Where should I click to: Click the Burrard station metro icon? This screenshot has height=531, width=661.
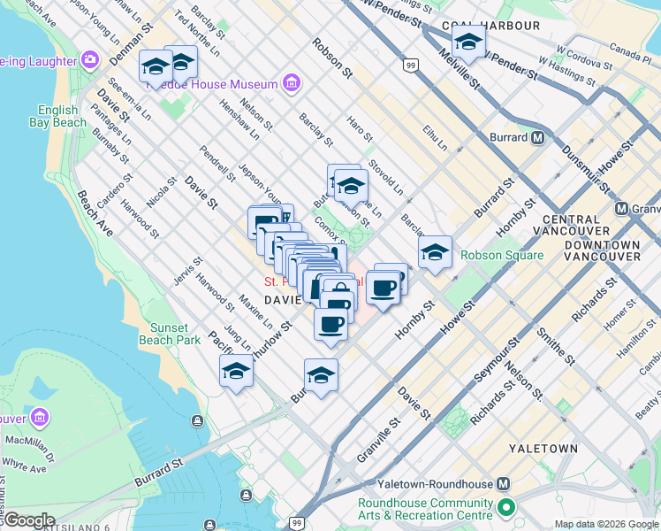pyautogui.click(x=536, y=137)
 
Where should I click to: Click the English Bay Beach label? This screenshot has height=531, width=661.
pyautogui.click(x=62, y=117)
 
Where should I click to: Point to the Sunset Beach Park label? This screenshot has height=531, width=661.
pyautogui.click(x=170, y=333)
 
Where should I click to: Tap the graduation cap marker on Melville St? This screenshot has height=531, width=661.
pyautogui.click(x=468, y=42)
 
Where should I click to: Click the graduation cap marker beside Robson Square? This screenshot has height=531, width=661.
pyautogui.click(x=435, y=252)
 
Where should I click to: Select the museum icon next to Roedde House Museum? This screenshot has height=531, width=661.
pyautogui.click(x=291, y=84)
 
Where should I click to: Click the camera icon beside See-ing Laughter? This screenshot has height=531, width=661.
pyautogui.click(x=89, y=60)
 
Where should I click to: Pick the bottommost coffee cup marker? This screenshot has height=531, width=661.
pyautogui.click(x=330, y=325)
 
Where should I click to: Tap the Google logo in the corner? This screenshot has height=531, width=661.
pyautogui.click(x=28, y=520)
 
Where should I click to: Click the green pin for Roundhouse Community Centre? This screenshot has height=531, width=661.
pyautogui.click(x=505, y=509)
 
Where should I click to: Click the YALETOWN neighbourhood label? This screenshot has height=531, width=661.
pyautogui.click(x=543, y=449)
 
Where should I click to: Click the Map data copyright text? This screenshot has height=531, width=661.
pyautogui.click(x=606, y=524)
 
